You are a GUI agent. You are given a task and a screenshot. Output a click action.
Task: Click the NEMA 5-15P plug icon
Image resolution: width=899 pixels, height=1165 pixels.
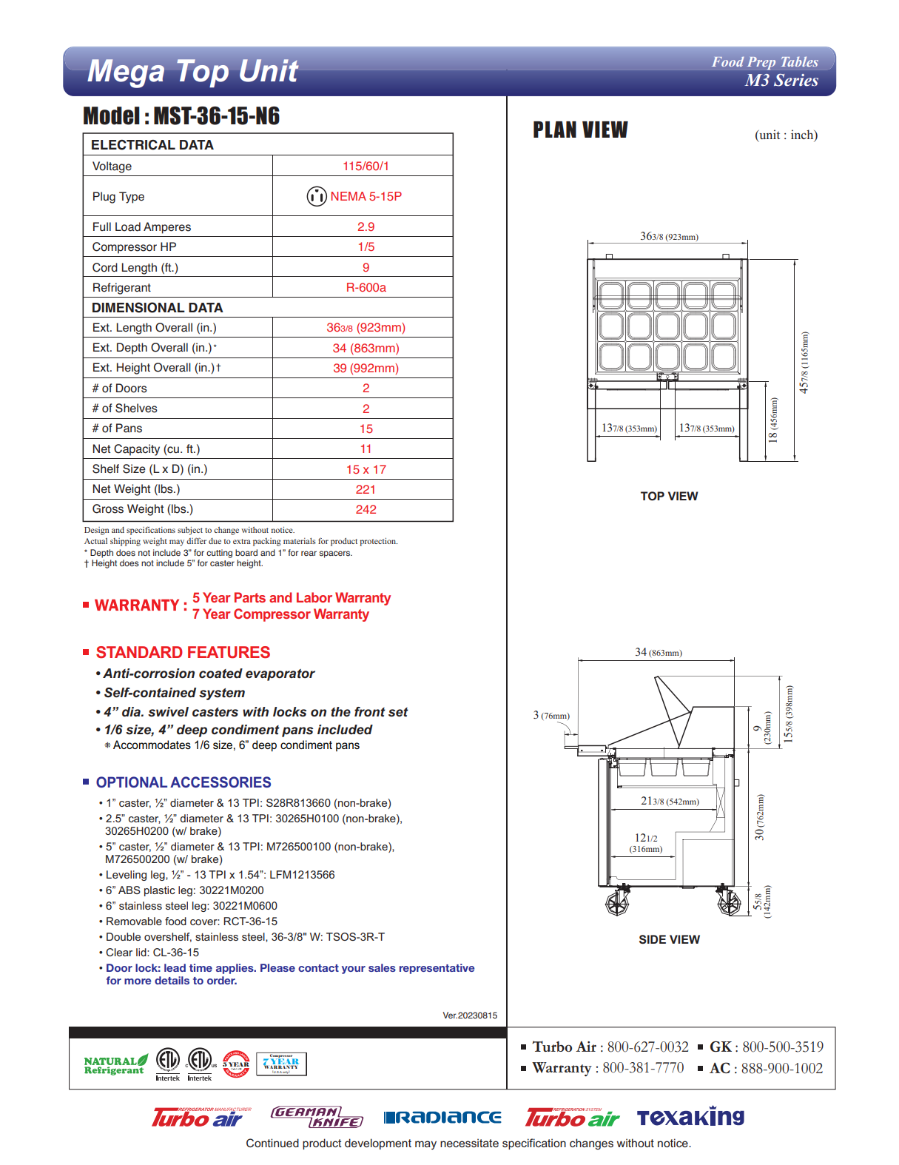click(317, 196)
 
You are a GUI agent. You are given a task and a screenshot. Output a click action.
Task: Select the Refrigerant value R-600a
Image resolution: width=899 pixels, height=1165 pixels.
click(366, 287)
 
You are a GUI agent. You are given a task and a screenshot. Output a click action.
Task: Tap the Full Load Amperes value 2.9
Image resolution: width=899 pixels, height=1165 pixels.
click(366, 226)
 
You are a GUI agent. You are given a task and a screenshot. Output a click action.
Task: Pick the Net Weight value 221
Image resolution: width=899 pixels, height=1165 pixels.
click(366, 489)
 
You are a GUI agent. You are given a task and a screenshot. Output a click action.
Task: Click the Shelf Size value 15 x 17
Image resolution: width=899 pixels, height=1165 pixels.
click(366, 469)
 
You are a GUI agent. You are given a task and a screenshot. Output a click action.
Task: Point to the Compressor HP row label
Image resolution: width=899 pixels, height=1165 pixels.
click(134, 246)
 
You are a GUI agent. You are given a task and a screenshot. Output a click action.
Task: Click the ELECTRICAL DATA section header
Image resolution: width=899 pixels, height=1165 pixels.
click(152, 145)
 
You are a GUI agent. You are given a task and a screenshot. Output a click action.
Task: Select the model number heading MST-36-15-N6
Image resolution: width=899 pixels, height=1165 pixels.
click(181, 116)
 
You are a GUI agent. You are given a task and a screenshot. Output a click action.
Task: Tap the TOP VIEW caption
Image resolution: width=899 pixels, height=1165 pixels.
click(669, 496)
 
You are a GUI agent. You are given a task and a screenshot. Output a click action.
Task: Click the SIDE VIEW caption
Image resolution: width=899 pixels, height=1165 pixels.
click(669, 939)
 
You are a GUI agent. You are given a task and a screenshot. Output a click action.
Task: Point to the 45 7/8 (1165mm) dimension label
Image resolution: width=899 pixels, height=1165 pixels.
click(804, 362)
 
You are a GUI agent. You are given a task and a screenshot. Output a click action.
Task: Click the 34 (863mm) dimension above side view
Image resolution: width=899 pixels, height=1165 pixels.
click(658, 652)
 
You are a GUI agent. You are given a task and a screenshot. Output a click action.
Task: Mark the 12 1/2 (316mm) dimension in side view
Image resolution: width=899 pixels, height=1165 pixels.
click(646, 843)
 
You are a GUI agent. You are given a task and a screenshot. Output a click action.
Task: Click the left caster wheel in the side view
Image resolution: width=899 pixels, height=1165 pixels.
click(617, 903)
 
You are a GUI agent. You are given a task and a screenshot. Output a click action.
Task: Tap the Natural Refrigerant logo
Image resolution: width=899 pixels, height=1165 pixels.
click(115, 1064)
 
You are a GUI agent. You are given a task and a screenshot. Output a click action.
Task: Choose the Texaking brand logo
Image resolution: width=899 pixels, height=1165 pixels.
click(690, 1117)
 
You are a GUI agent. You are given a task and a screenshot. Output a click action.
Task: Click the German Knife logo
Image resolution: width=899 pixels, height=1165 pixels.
click(317, 1117)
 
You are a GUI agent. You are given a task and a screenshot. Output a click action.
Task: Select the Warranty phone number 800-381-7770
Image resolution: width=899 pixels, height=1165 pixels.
click(642, 1068)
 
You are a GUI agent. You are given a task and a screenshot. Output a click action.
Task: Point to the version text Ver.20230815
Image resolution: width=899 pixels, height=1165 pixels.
click(470, 1015)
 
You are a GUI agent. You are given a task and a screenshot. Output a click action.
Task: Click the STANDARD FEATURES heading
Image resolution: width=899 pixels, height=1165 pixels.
click(183, 652)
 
